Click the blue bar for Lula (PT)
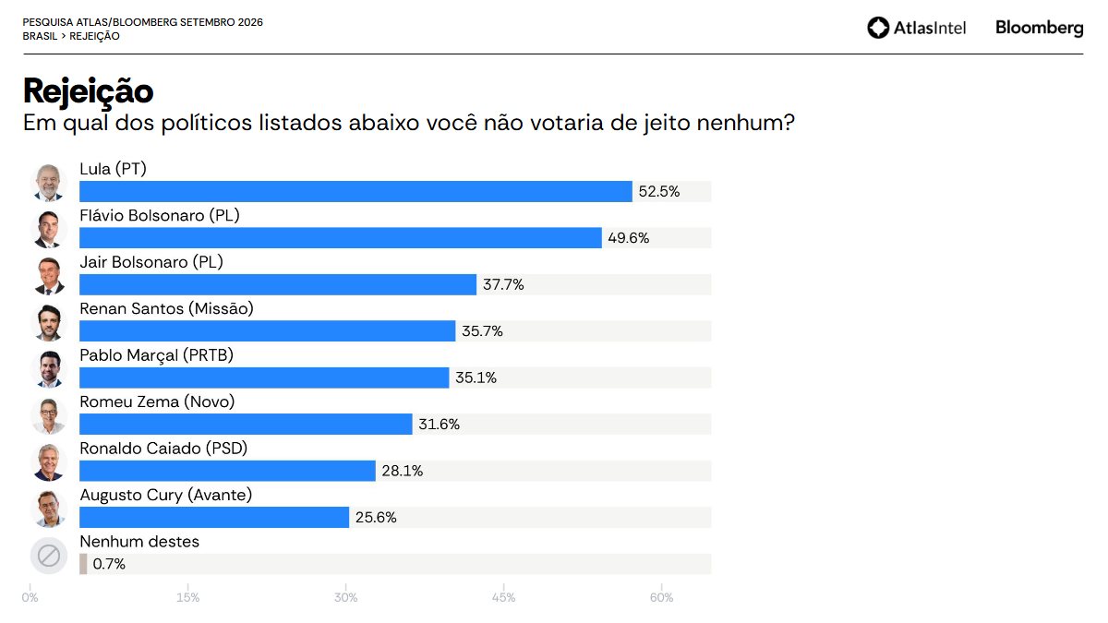[355, 191]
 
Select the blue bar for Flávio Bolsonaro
[341, 238]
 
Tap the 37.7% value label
[503, 285]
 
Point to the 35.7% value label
[482, 331]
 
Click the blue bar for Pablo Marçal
[264, 377]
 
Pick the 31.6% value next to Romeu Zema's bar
[439, 425]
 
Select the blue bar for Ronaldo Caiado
[227, 471]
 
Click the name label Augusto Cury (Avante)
[165, 495]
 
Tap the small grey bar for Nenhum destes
[83, 564]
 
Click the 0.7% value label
[109, 564]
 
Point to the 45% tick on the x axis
[503, 598]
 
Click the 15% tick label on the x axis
[188, 598]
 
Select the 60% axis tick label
[661, 598]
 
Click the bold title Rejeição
[88, 92]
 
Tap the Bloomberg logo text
[1040, 29]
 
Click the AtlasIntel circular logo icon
[878, 28]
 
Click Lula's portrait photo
[48, 183]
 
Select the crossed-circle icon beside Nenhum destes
[48, 556]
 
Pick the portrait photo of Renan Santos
[48, 322]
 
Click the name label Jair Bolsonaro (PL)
[151, 262]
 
